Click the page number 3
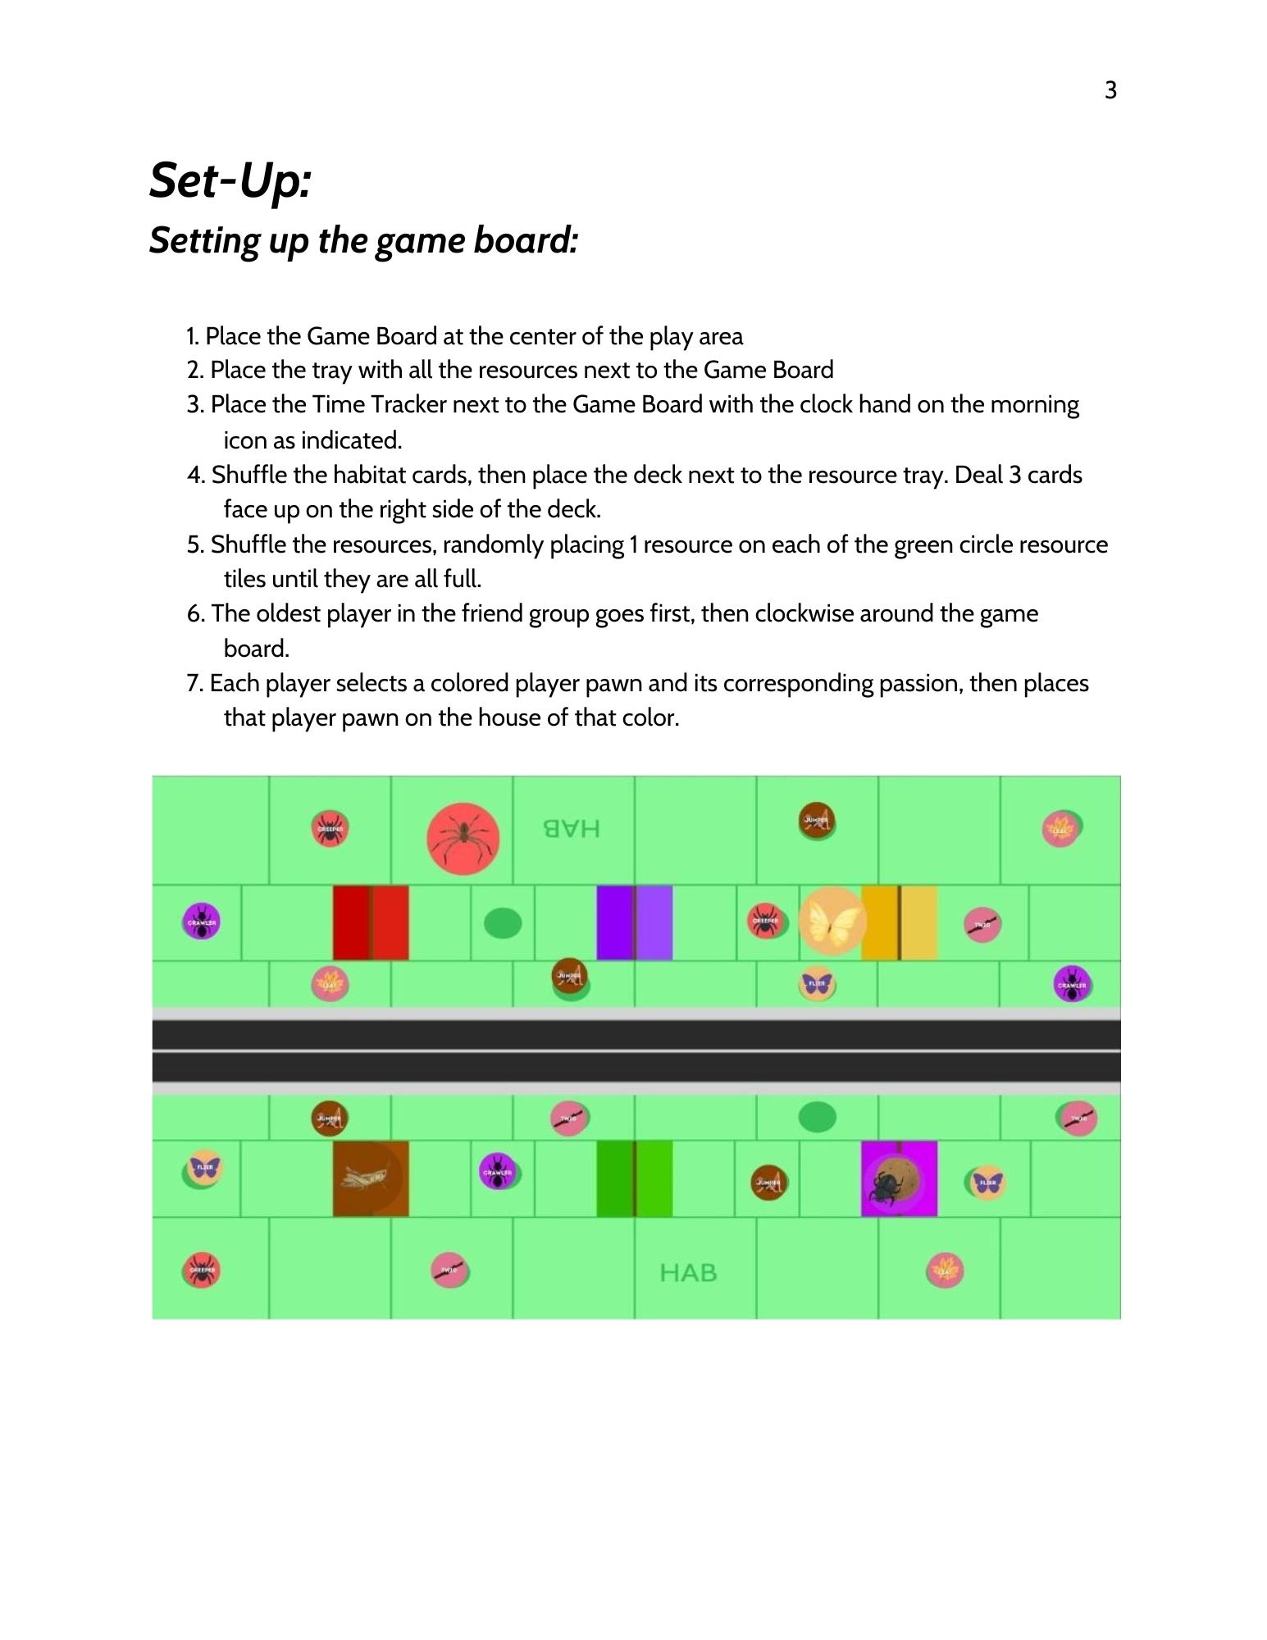pos(1110,90)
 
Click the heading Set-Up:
pos(230,180)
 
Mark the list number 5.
pos(195,544)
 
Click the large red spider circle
pos(463,838)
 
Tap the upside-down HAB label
pos(572,829)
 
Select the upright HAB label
pos(688,1273)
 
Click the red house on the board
pos(371,922)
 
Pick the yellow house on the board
pos(900,922)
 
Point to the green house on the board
pos(634,1178)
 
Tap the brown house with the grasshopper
pos(371,1178)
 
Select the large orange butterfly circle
pos(832,921)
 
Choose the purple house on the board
pos(634,922)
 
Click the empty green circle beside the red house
pos(503,923)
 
